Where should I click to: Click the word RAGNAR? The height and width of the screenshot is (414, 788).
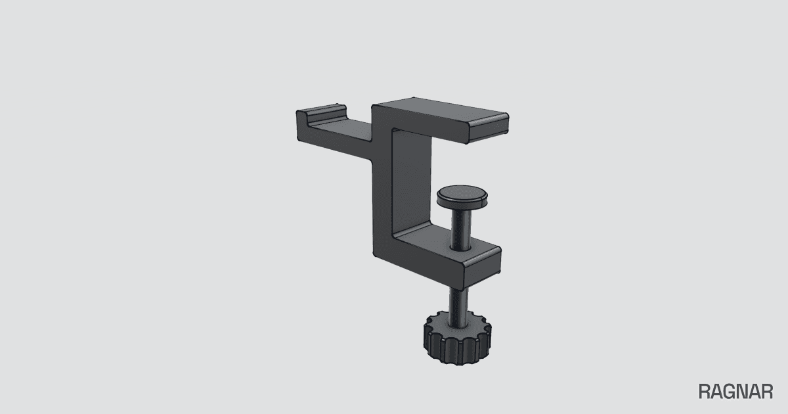point(735,392)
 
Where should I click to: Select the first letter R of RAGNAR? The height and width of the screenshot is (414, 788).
point(705,392)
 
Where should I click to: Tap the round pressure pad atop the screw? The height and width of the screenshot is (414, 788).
point(462,196)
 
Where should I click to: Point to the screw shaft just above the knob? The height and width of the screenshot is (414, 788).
point(458,307)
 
